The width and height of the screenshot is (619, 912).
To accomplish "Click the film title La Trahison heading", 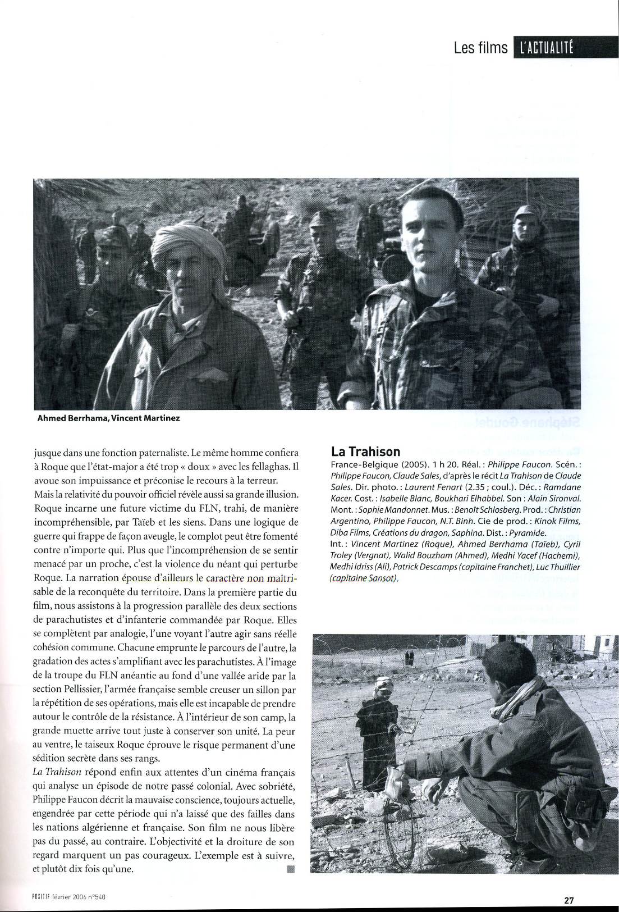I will coord(365,452).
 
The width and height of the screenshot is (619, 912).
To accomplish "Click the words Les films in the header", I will coord(481,48).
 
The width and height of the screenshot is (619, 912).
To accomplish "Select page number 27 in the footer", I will coord(568,900).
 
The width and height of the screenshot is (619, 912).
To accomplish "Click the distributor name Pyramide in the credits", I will coord(530,532).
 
